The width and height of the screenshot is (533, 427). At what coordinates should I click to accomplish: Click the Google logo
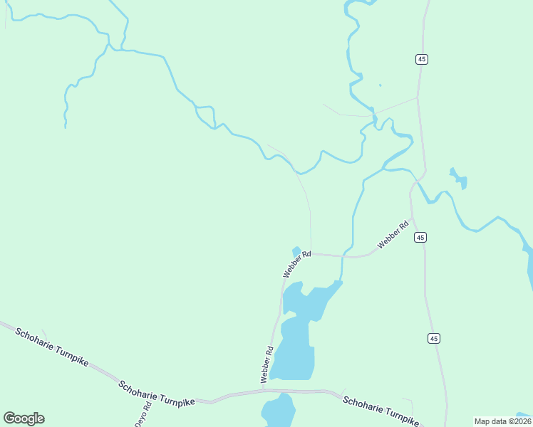[x=24, y=418]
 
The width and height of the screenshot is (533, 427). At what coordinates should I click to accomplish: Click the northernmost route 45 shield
[x=422, y=59]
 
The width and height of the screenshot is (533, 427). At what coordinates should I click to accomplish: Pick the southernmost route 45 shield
[x=433, y=338]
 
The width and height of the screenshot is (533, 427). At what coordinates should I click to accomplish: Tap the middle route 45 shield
[x=420, y=237]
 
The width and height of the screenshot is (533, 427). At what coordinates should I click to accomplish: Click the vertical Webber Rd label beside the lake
[x=268, y=364]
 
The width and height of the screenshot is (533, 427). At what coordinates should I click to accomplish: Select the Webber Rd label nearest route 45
[x=393, y=235]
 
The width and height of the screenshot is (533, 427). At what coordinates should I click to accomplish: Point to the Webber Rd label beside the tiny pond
[x=297, y=263]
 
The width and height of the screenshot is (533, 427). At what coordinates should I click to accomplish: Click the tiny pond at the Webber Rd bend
[x=296, y=251]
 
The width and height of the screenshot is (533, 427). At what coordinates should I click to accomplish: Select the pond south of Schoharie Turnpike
[x=279, y=411]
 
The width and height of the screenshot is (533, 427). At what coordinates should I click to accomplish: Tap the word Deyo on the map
[x=139, y=419]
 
